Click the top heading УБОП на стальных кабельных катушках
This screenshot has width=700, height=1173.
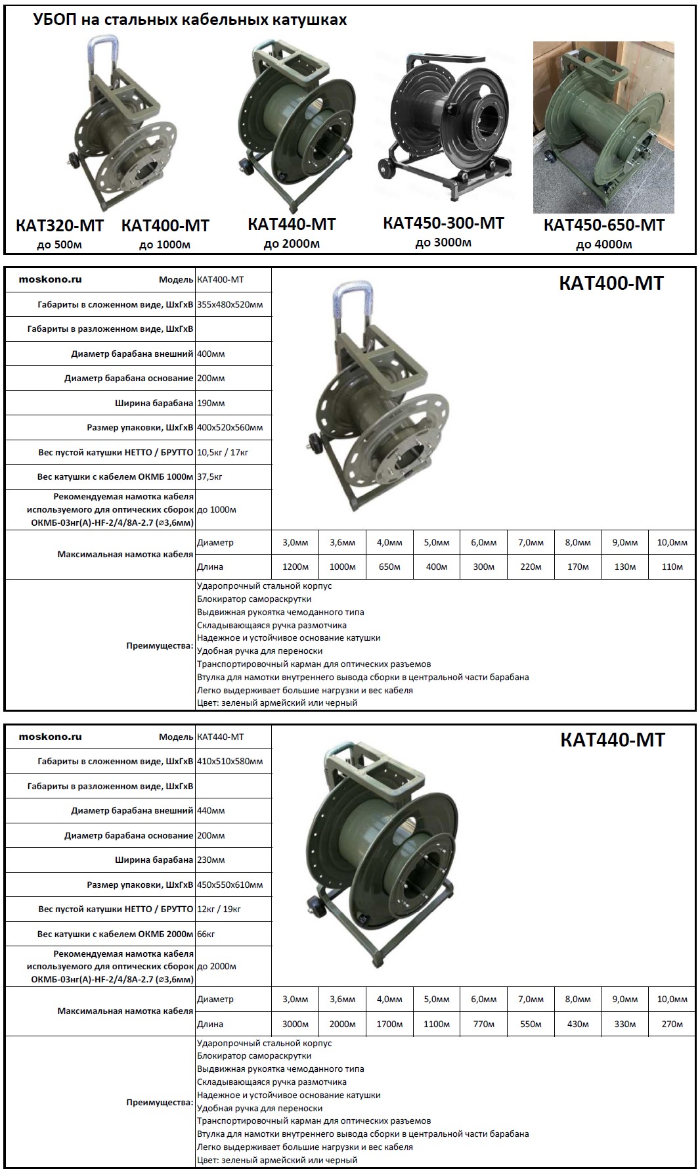(190, 20)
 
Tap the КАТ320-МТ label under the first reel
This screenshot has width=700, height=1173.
(60, 225)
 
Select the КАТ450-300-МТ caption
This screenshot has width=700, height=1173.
(443, 223)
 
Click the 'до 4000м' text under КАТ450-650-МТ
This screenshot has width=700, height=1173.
(603, 244)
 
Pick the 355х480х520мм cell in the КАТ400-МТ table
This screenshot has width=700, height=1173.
(230, 305)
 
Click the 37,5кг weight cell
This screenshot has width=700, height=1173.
(210, 476)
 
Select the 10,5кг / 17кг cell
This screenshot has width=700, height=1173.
(223, 452)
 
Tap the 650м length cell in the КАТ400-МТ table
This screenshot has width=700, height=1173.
(389, 566)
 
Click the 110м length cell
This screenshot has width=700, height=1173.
(672, 566)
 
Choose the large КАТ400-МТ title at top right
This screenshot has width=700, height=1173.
(611, 283)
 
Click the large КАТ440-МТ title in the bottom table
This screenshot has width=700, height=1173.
(612, 740)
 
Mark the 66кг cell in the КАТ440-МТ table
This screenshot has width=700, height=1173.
(206, 934)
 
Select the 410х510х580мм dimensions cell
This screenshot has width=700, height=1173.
(230, 762)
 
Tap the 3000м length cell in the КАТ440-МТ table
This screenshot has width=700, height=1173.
(295, 1024)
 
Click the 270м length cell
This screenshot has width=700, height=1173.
(672, 1024)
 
